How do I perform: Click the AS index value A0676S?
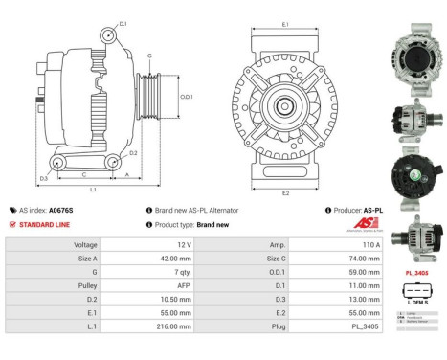point(60,210)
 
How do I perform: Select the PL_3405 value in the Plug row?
point(327,326)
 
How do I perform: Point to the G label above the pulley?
point(149,56)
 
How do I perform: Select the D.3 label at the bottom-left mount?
point(44,179)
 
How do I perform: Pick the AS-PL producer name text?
point(373,210)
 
